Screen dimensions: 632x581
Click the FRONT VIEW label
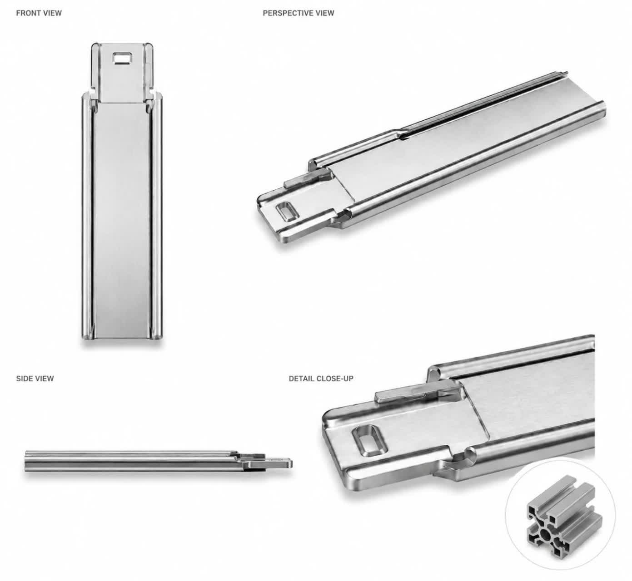pyautogui.click(x=39, y=13)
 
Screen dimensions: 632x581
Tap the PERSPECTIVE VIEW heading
pyautogui.click(x=299, y=13)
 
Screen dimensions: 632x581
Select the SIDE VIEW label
pyautogui.click(x=35, y=379)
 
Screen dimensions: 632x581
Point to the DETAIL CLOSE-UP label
pyautogui.click(x=321, y=379)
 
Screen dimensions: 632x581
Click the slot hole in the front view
pyautogui.click(x=123, y=58)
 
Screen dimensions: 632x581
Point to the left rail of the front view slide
pyautogui.click(x=87, y=217)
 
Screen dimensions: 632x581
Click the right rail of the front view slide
pyautogui.click(x=156, y=217)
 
